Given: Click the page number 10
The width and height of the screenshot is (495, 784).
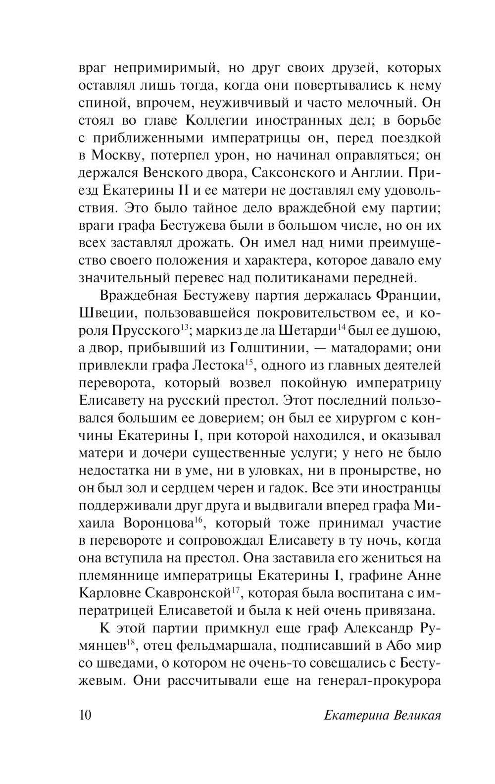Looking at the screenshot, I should coord(85,716).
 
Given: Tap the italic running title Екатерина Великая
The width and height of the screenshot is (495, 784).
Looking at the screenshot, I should coord(382,716).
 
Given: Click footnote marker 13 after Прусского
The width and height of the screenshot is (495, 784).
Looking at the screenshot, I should coord(184,327).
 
